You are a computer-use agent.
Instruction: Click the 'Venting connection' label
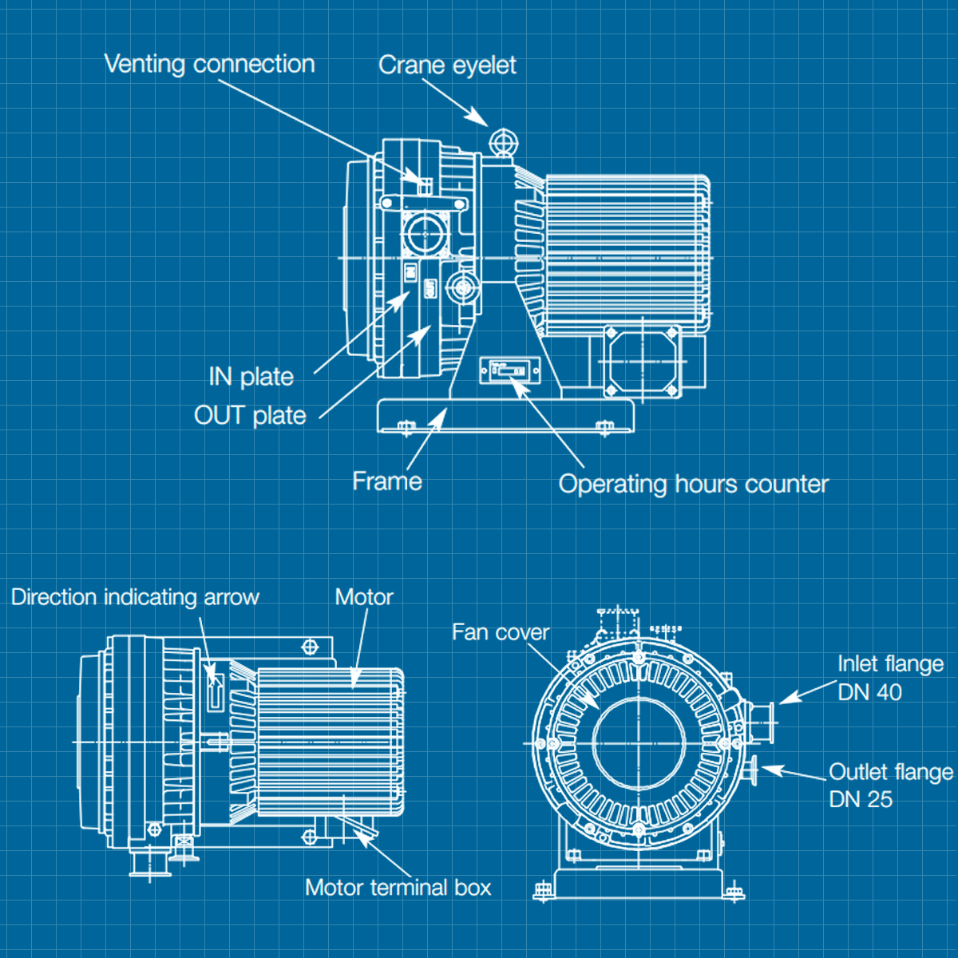click(209, 64)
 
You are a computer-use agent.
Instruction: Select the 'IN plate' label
click(251, 377)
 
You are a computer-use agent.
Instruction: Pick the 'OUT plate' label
click(250, 416)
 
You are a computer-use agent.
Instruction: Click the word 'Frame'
click(386, 481)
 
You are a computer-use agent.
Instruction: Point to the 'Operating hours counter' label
click(693, 484)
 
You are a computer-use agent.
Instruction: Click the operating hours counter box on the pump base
click(509, 371)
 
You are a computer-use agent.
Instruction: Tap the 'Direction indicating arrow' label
click(135, 597)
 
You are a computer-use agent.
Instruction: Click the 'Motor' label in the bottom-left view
click(364, 597)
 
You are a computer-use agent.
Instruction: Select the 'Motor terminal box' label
click(398, 888)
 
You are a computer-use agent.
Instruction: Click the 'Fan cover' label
click(500, 632)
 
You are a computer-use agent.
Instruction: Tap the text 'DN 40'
click(869, 692)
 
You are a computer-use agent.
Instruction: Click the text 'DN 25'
click(861, 799)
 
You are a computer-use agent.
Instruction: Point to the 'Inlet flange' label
click(890, 664)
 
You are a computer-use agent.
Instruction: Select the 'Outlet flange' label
click(891, 772)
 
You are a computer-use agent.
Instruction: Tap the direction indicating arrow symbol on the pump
click(215, 687)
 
